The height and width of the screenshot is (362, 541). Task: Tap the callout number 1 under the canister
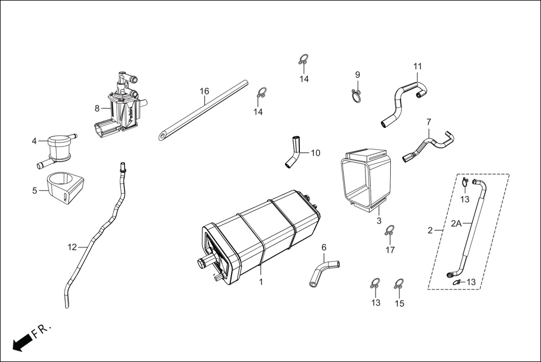pyautogui.click(x=261, y=282)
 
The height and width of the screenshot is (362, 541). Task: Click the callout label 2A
pyautogui.click(x=456, y=223)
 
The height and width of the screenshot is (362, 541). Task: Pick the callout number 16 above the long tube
pyautogui.click(x=204, y=91)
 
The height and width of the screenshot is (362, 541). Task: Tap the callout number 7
pyautogui.click(x=429, y=122)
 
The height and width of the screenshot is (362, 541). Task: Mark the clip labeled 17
pyautogui.click(x=390, y=231)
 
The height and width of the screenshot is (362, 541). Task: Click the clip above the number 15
pyautogui.click(x=399, y=283)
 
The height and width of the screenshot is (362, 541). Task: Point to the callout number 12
pyautogui.click(x=72, y=247)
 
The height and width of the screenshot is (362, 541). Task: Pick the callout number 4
pyautogui.click(x=34, y=141)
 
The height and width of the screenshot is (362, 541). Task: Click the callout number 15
pyautogui.click(x=399, y=304)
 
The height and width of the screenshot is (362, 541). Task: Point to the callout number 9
pyautogui.click(x=357, y=75)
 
